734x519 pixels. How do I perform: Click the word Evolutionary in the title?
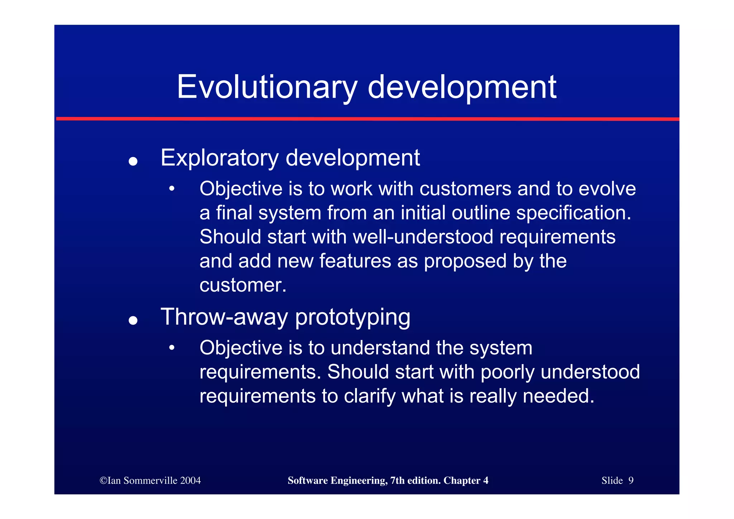(267, 87)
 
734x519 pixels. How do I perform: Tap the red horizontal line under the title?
(367, 119)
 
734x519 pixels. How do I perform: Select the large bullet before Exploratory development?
(133, 161)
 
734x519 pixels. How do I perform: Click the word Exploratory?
(219, 158)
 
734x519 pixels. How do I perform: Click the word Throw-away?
(224, 317)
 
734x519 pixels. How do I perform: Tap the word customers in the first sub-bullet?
(465, 189)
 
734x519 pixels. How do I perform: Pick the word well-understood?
(423, 237)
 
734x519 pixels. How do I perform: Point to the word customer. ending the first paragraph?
(243, 286)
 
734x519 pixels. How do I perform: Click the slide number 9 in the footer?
(631, 481)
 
